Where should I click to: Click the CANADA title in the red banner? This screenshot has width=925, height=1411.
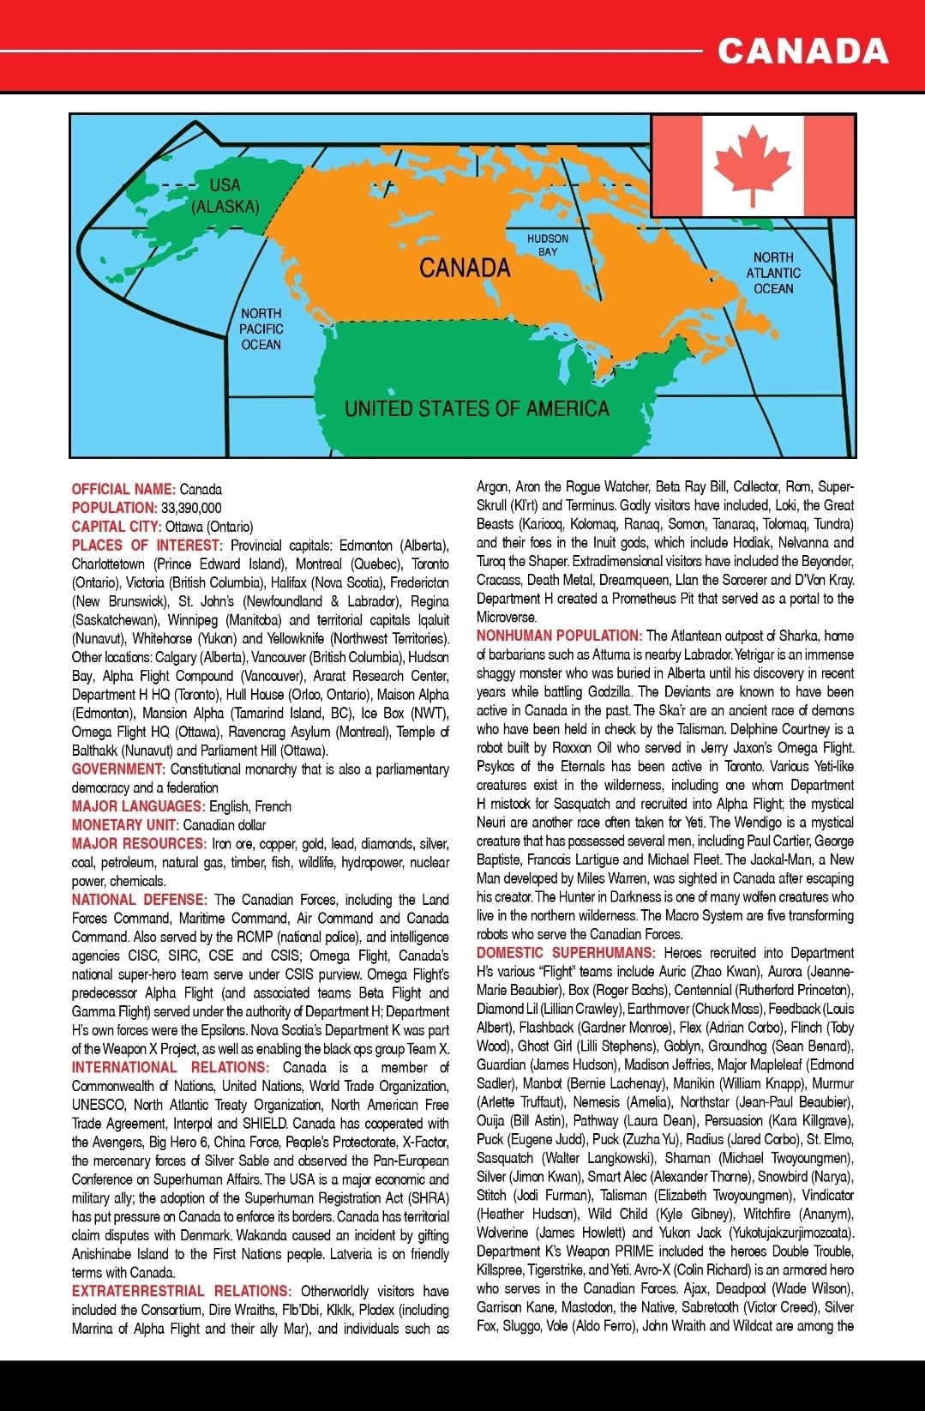(802, 51)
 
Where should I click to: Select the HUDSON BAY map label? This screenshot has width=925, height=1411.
(548, 244)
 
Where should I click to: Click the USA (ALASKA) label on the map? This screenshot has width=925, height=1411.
(225, 196)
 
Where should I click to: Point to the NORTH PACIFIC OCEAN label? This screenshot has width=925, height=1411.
(261, 329)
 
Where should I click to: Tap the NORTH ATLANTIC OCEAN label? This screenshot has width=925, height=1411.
(773, 273)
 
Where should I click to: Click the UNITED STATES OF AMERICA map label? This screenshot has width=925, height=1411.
(477, 409)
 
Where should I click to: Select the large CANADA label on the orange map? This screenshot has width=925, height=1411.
(465, 268)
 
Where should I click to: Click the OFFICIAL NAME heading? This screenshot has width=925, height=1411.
(123, 490)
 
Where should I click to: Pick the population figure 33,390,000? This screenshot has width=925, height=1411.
(191, 508)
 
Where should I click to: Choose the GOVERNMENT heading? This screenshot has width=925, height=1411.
(118, 769)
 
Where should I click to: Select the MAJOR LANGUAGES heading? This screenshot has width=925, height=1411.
(138, 806)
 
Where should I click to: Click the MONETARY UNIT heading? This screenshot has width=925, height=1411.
(125, 825)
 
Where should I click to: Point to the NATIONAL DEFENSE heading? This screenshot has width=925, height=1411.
(139, 900)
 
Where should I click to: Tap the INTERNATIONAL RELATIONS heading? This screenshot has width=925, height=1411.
(170, 1068)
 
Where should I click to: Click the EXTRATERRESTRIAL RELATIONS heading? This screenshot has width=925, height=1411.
(181, 1291)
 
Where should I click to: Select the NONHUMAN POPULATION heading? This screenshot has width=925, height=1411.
(559, 636)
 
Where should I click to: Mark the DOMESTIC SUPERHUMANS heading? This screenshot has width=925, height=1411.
(566, 953)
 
